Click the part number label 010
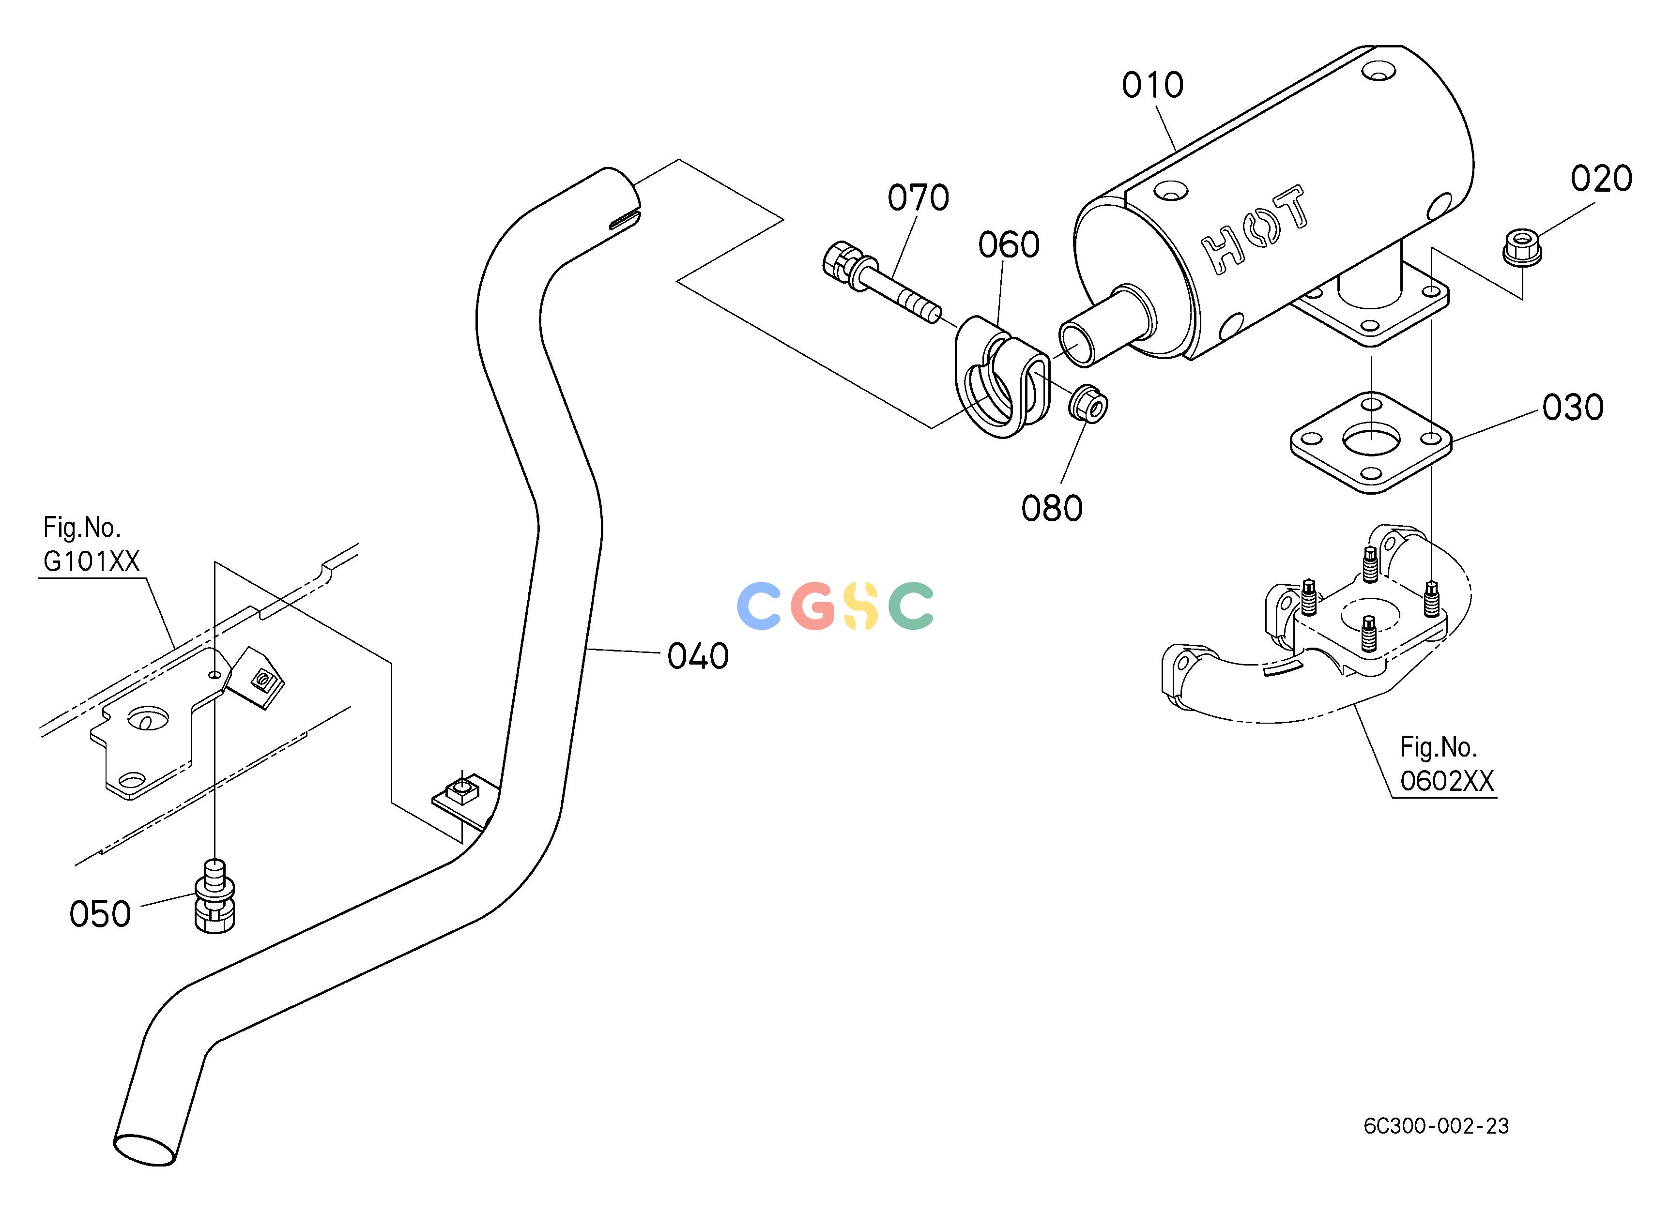pos(1152,85)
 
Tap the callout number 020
pos(1602,179)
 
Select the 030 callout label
pos(1573,408)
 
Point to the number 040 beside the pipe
pos(698,656)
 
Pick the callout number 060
pos(1009,244)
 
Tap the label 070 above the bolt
pos(918,197)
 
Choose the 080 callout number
pos(1052,509)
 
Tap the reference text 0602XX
pos(1447,781)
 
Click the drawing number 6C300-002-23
pos(1436,1126)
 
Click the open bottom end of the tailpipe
pos(144,1150)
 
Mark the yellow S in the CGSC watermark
pos(860,606)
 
